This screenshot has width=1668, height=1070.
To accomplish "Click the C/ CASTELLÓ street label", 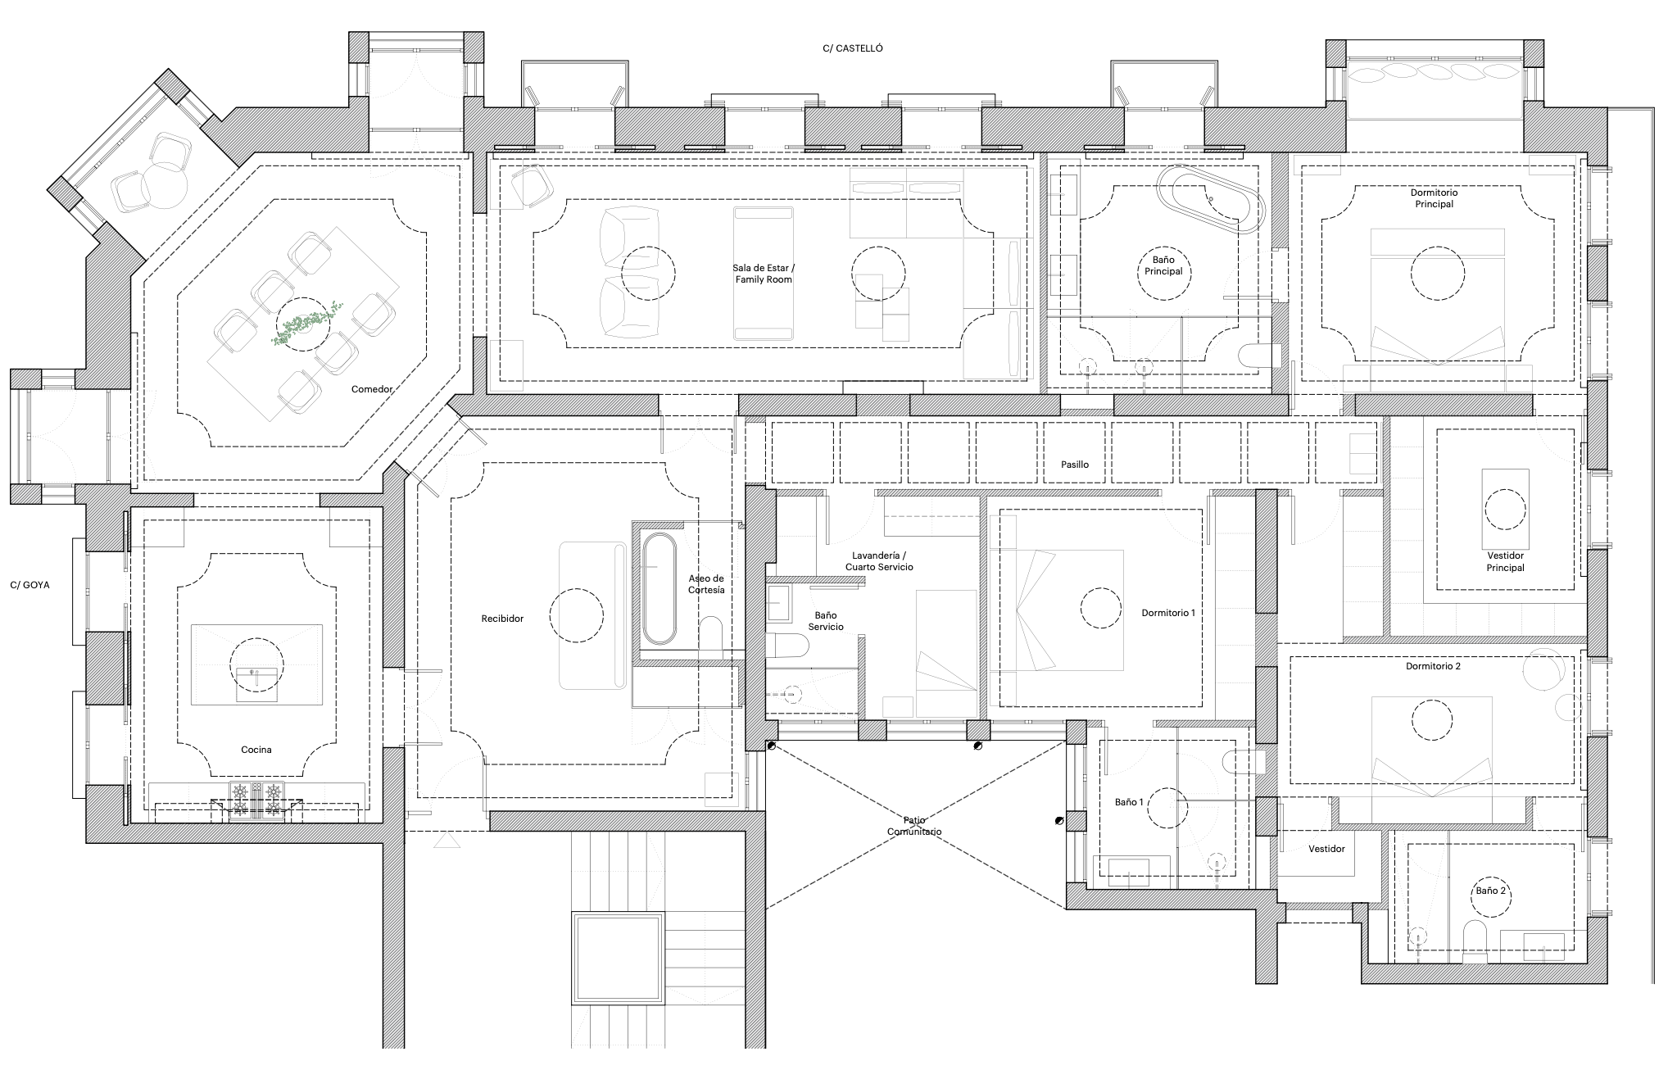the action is (853, 48).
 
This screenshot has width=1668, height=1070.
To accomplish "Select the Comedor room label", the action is (372, 389).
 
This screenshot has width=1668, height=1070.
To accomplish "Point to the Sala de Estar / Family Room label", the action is (762, 274).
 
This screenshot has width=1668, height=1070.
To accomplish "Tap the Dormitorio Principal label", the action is (1434, 198).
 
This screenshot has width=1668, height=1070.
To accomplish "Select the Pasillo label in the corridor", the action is (1075, 465).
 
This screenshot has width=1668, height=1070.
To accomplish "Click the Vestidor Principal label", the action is (1505, 561).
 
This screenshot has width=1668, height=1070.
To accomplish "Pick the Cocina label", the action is (256, 750).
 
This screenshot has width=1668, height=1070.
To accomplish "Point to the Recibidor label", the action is (502, 619).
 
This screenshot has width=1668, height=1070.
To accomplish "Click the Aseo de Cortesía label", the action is (706, 584).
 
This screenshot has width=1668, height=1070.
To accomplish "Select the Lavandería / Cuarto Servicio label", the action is (879, 561).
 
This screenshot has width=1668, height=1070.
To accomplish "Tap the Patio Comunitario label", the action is (914, 826).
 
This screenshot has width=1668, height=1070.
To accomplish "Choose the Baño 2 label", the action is (1491, 891).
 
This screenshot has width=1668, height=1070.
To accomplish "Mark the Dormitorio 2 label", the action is (1433, 666).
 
